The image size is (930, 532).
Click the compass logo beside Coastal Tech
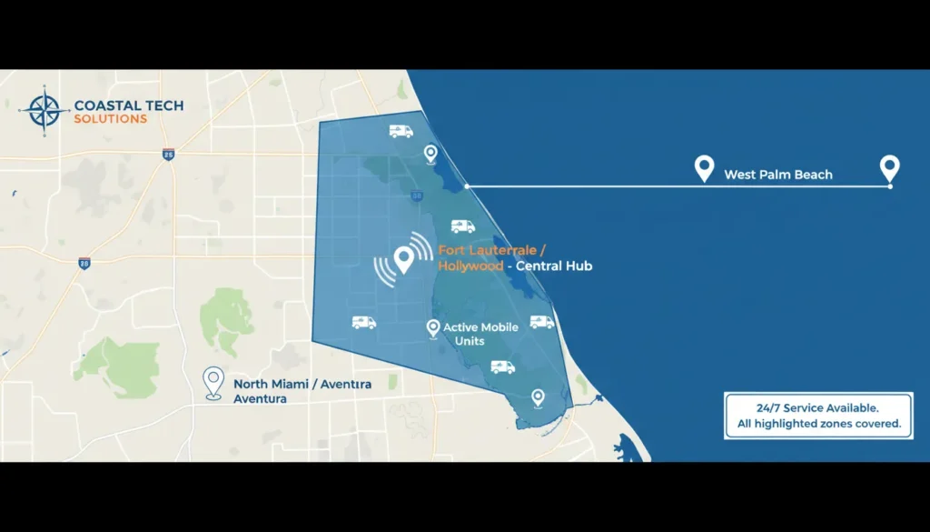click(44, 111)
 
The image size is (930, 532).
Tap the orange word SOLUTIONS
click(110, 119)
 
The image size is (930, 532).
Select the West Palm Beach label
click(777, 175)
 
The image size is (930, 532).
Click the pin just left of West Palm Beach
click(704, 168)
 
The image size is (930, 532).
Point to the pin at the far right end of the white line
click(889, 168)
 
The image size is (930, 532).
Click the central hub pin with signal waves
click(404, 260)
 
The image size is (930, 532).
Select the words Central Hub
click(557, 266)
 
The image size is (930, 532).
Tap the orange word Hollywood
click(470, 266)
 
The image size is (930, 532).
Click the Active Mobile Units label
click(480, 334)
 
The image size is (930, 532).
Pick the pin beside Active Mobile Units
click(433, 328)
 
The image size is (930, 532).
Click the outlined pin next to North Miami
click(213, 382)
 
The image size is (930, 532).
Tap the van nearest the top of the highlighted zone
click(401, 131)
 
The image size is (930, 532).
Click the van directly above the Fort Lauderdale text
click(462, 226)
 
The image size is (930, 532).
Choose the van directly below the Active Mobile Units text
click(502, 366)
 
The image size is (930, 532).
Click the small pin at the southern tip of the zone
click(538, 397)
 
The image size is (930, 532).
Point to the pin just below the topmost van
click(430, 154)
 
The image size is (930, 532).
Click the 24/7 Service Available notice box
click(818, 416)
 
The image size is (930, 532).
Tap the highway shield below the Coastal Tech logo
click(168, 155)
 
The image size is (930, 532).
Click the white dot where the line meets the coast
click(467, 186)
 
